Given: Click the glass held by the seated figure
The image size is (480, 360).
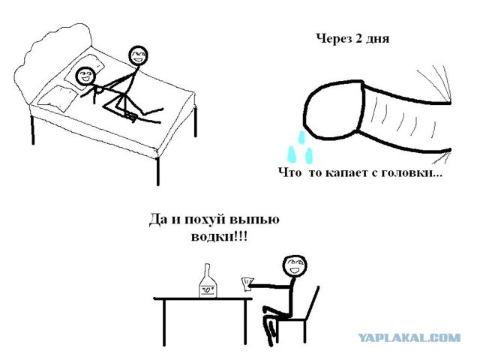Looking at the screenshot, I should click(x=244, y=283).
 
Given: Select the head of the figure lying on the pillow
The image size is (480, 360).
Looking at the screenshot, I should click(x=85, y=75).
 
